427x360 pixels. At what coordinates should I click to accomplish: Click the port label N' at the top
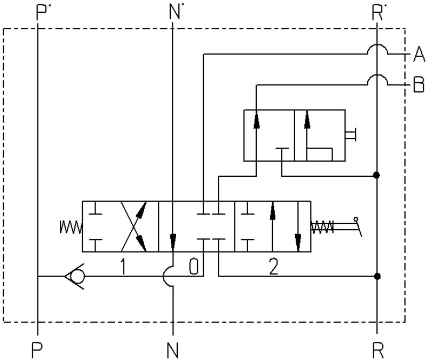click(x=175, y=13)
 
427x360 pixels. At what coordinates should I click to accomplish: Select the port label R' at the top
click(x=377, y=13)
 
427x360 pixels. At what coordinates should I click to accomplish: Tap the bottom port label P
click(x=37, y=350)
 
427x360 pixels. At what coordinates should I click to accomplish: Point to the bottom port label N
click(x=172, y=350)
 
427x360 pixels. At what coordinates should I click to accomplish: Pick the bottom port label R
click(x=378, y=350)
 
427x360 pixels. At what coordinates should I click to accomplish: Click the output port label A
click(x=419, y=54)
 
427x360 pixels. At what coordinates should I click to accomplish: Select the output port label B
click(x=418, y=84)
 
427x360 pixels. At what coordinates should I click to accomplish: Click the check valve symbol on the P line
click(x=75, y=276)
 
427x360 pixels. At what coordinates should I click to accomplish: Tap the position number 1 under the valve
click(x=123, y=267)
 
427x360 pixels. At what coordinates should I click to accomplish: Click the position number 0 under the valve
click(x=194, y=267)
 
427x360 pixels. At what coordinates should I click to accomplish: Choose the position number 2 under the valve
click(x=273, y=267)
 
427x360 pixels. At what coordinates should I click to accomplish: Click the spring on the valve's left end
click(x=71, y=227)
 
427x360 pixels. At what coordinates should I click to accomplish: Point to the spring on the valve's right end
click(x=322, y=227)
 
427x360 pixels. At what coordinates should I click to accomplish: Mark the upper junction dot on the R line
click(x=377, y=175)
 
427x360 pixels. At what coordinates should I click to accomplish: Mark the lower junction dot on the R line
click(x=377, y=276)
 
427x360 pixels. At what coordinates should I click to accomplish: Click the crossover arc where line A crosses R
click(x=377, y=44)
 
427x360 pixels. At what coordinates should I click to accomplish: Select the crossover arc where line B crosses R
click(x=377, y=75)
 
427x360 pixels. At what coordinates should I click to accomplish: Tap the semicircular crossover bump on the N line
click(x=163, y=276)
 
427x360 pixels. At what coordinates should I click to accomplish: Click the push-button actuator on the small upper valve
click(x=351, y=135)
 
